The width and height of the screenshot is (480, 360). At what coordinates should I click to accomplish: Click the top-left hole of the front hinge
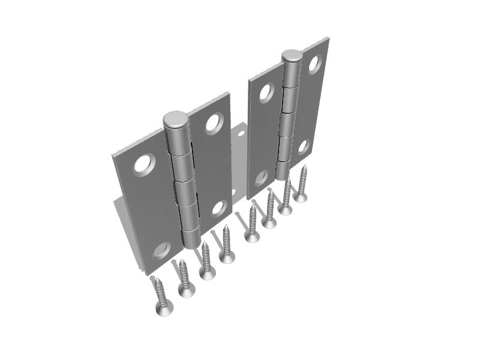click(x=145, y=164)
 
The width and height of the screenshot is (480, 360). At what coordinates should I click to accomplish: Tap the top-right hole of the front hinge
click(x=213, y=123)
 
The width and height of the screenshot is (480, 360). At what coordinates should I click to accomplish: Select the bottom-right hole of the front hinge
click(x=220, y=208)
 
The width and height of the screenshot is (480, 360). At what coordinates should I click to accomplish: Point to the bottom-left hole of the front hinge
click(x=161, y=250)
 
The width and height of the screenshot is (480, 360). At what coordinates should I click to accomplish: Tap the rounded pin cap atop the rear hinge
click(x=292, y=56)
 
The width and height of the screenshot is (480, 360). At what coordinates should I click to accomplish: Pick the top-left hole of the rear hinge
click(x=265, y=92)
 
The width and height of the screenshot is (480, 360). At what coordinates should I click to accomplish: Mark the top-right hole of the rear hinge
click(x=314, y=64)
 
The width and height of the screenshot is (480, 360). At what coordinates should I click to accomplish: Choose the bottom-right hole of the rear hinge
click(x=304, y=146)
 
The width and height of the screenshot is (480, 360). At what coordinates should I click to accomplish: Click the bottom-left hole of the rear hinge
click(x=261, y=178)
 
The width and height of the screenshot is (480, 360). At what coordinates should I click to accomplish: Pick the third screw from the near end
click(x=208, y=274)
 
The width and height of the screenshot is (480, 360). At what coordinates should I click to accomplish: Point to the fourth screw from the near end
click(x=227, y=257)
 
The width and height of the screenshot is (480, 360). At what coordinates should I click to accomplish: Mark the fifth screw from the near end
click(x=252, y=236)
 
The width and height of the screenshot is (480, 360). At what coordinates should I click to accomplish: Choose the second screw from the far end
click(x=286, y=209)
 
